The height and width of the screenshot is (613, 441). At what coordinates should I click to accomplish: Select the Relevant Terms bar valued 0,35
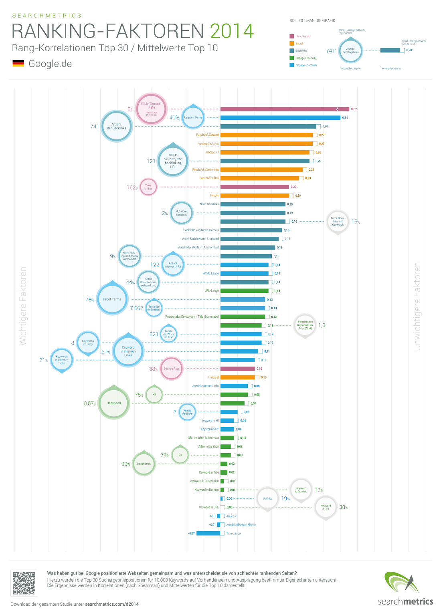pyautogui.click(x=280, y=118)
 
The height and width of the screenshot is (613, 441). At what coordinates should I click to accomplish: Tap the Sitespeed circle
pyautogui.click(x=114, y=403)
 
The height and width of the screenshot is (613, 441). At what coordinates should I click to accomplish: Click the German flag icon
pyautogui.click(x=18, y=63)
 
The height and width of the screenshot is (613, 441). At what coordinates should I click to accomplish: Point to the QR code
pyautogui.click(x=24, y=583)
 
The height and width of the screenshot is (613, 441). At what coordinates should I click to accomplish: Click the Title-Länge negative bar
pyautogui.click(x=208, y=533)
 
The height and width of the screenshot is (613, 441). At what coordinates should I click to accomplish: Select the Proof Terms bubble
pyautogui.click(x=112, y=299)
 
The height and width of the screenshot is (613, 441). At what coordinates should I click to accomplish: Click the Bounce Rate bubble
pyautogui.click(x=172, y=369)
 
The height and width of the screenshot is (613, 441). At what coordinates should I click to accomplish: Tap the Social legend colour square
pyautogui.click(x=292, y=43)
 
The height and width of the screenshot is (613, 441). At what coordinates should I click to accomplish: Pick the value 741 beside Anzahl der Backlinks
pyautogui.click(x=95, y=127)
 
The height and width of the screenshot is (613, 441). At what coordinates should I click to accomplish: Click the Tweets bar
pyautogui.click(x=255, y=196)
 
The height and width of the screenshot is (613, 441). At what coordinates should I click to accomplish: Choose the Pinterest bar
pyautogui.click(x=237, y=377)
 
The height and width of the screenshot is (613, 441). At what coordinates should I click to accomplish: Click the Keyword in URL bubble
pyautogui.click(x=326, y=508)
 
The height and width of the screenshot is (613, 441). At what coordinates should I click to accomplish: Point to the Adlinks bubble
pyautogui.click(x=267, y=499)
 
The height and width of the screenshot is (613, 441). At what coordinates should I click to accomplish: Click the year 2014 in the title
pyautogui.click(x=232, y=31)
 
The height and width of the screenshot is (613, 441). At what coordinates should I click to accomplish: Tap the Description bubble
pyautogui.click(x=144, y=464)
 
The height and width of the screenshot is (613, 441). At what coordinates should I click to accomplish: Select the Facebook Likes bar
pyautogui.click(x=260, y=178)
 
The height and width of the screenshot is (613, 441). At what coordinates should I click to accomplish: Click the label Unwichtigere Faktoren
pyautogui.click(x=417, y=306)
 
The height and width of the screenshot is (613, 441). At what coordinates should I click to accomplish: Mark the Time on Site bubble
pyautogui.click(x=148, y=187)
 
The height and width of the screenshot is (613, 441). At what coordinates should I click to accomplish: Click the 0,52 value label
pyautogui.click(x=354, y=109)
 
